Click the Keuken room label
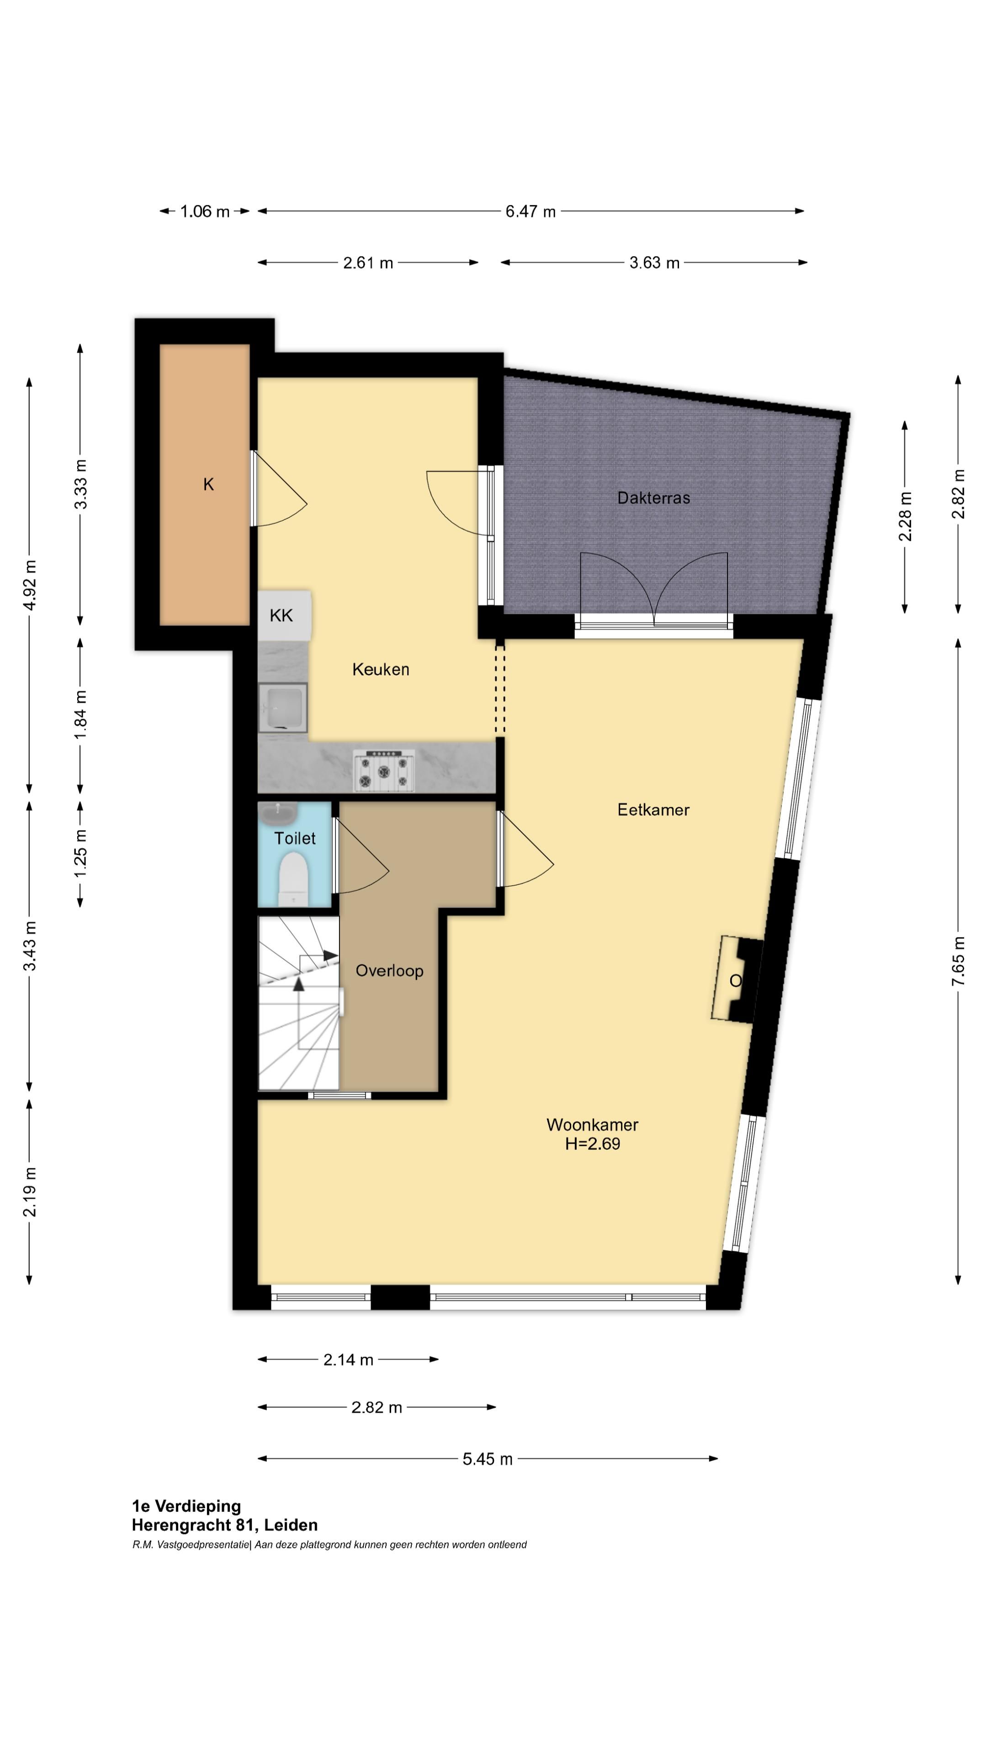[x=380, y=669]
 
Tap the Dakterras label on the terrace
[x=653, y=498]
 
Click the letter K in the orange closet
[x=208, y=484]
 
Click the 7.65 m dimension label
[x=958, y=961]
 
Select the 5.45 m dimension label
[x=487, y=1459]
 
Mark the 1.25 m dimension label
[x=80, y=853]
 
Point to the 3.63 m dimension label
[x=654, y=262]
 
